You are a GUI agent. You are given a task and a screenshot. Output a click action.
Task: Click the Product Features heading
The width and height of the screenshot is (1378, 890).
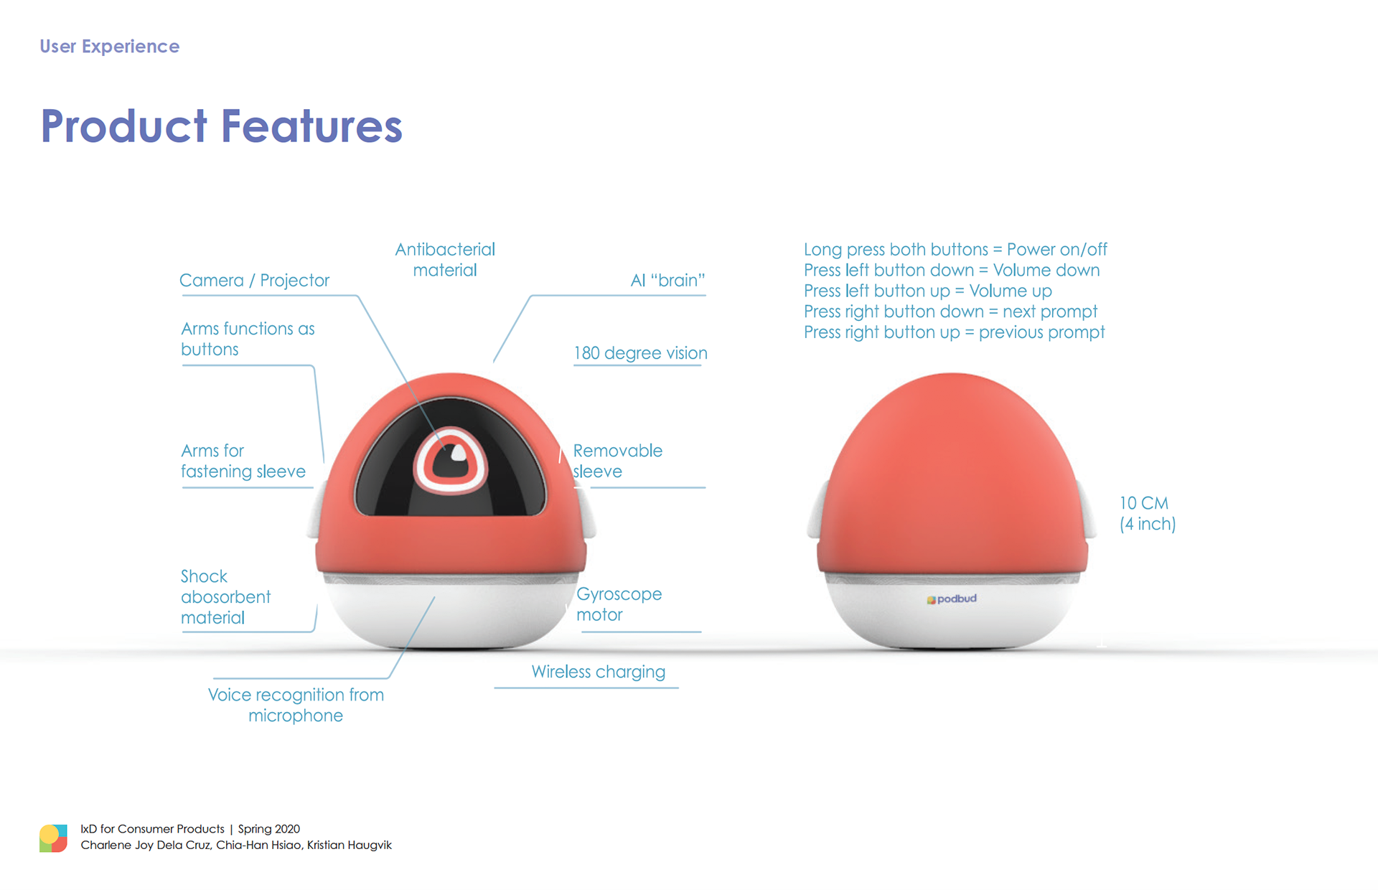click(221, 126)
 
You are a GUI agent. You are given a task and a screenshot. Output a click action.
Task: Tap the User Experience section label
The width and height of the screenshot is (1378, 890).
click(109, 47)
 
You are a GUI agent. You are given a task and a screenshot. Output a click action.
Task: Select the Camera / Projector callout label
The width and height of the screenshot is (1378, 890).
click(254, 280)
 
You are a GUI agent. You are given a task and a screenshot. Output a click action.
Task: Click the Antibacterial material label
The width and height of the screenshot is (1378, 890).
click(445, 260)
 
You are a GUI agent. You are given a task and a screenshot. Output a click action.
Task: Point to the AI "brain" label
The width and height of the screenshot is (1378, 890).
click(667, 280)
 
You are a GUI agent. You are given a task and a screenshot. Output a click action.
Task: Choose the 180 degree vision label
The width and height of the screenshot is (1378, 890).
click(640, 353)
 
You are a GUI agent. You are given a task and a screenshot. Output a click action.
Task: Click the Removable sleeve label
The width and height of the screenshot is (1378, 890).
click(617, 461)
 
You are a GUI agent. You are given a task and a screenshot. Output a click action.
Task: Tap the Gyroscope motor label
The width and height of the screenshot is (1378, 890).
click(619, 604)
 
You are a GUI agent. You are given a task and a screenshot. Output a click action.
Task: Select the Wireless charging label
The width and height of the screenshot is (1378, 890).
click(599, 672)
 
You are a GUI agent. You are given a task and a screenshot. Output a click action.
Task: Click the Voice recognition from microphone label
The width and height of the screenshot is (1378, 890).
click(296, 705)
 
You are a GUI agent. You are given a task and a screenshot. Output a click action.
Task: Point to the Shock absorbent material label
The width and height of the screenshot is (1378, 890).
click(225, 597)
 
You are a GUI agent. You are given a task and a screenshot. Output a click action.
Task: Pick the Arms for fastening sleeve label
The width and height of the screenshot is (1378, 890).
click(243, 461)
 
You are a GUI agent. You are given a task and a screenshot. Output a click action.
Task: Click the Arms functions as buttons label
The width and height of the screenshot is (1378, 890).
click(248, 339)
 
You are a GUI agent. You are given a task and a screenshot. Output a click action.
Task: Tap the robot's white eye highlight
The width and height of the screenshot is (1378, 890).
click(459, 453)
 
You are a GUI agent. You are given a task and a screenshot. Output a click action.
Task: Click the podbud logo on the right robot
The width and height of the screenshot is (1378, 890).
click(952, 599)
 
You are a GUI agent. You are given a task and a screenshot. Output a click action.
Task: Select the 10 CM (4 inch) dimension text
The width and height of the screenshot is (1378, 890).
click(1148, 513)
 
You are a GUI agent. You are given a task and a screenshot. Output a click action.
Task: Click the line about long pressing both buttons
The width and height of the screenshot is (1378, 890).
click(955, 249)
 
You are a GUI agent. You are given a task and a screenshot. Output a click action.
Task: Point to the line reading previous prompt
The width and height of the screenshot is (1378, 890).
click(954, 332)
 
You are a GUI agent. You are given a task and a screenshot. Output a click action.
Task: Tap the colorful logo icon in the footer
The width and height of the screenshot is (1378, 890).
click(54, 838)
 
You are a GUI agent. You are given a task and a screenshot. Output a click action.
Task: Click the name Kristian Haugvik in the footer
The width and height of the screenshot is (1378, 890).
click(350, 845)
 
